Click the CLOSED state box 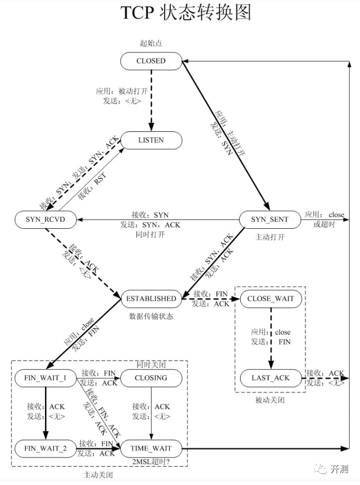click(x=150, y=61)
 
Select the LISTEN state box click(x=150, y=140)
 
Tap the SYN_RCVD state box click(x=46, y=219)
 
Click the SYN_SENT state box click(x=270, y=219)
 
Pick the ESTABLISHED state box click(x=150, y=299)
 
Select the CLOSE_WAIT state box click(x=271, y=299)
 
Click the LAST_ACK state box click(x=271, y=378)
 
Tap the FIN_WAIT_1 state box click(x=46, y=378)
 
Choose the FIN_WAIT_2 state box click(x=46, y=449)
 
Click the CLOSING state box click(x=151, y=378)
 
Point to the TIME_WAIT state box click(x=150, y=449)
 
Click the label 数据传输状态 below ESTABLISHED click(x=150, y=316)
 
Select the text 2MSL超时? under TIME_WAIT click(x=150, y=462)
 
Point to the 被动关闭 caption click(x=271, y=400)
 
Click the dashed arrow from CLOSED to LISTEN click(x=151, y=100)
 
